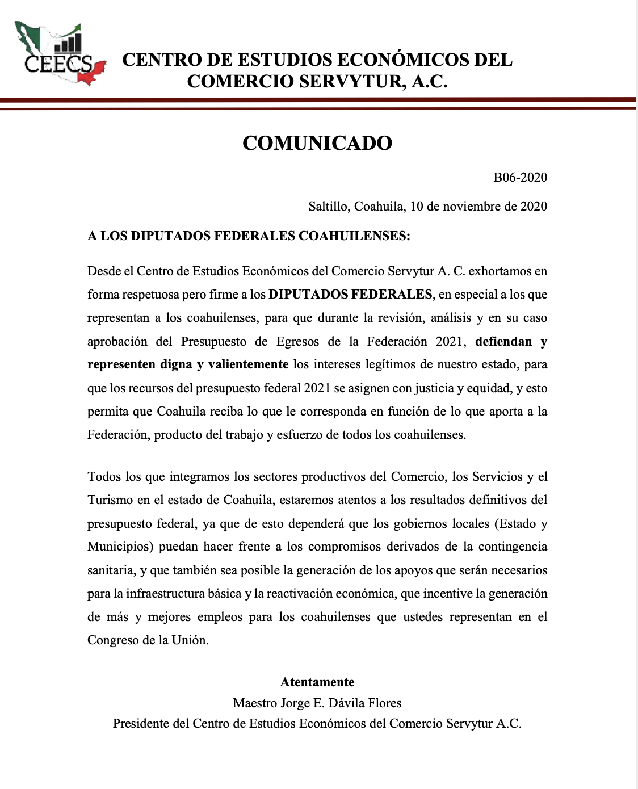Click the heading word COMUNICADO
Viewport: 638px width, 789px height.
[x=317, y=143]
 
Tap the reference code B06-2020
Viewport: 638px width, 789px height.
[x=520, y=177]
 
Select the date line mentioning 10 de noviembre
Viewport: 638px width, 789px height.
[x=427, y=206]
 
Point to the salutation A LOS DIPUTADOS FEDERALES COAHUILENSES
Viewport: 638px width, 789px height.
[x=248, y=236]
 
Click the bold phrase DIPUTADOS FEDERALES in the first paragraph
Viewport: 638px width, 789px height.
[x=350, y=294]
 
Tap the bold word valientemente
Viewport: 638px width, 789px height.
[x=248, y=364]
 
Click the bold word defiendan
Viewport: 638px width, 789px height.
[x=503, y=341]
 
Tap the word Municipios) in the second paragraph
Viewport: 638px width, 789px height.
[x=120, y=547]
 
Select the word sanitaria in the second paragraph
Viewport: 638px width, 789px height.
[x=111, y=570]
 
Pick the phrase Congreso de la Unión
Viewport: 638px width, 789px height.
[x=148, y=640]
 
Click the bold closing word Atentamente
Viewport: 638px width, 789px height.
[x=317, y=682]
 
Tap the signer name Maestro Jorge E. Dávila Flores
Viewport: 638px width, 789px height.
[x=317, y=703]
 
